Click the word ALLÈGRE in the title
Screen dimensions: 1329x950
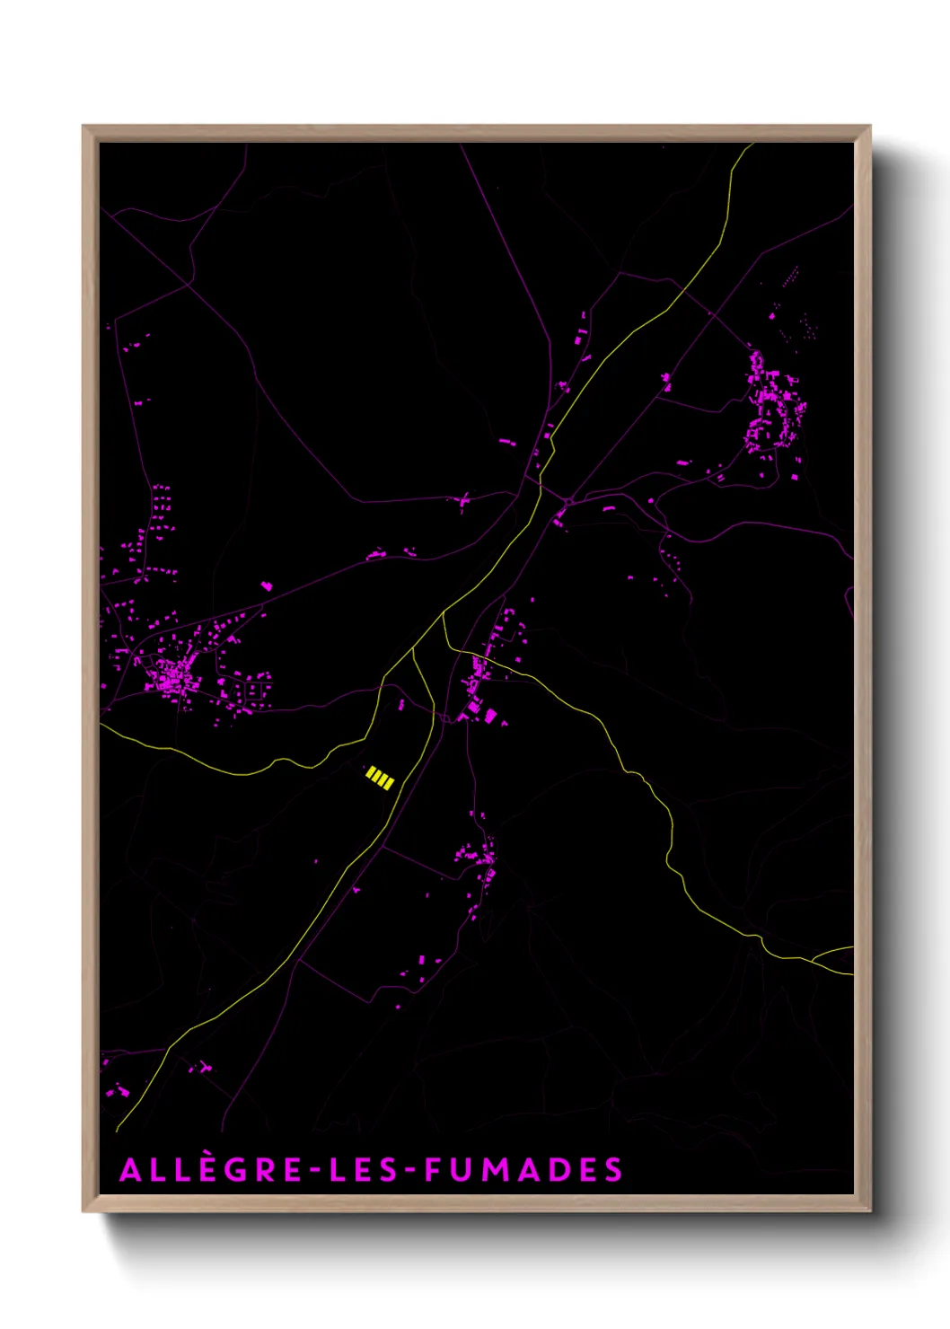[211, 1170]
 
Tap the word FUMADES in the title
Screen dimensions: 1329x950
[523, 1170]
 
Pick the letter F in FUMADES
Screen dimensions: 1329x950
[434, 1170]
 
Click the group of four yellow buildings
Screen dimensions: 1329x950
[380, 778]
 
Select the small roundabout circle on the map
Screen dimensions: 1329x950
[569, 500]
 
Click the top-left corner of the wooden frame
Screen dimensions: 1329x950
[84, 127]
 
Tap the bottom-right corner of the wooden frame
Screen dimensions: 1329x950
[869, 1210]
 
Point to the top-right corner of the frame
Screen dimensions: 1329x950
[869, 127]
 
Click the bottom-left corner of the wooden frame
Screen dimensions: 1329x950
[84, 1210]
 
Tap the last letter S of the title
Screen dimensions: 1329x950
[613, 1170]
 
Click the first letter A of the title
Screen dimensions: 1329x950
[130, 1170]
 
